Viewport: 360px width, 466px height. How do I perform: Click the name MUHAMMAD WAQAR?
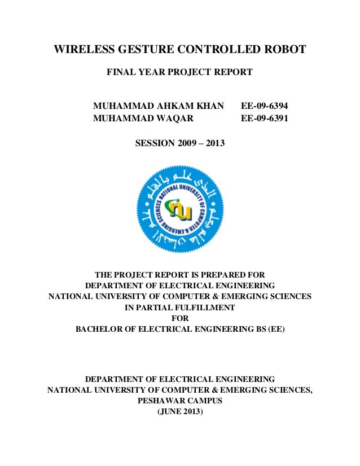click(143, 118)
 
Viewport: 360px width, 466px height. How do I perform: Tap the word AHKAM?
click(173, 105)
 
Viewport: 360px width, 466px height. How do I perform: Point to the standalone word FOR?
click(179, 318)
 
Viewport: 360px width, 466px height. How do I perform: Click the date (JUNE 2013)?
click(179, 411)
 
